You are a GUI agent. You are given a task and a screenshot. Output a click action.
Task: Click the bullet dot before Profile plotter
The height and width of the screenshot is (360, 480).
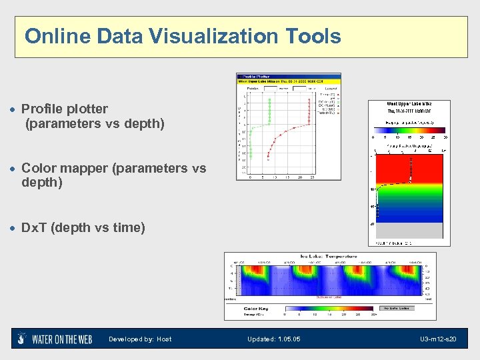click(x=13, y=109)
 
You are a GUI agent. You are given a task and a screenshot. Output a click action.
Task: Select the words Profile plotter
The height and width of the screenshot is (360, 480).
click(x=65, y=109)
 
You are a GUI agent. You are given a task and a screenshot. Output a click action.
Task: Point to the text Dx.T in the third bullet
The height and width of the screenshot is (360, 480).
click(x=34, y=227)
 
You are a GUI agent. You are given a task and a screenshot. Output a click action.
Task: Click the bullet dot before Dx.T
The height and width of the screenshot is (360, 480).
click(x=13, y=228)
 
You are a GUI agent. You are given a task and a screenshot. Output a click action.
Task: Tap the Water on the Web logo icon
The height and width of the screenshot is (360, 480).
click(x=22, y=339)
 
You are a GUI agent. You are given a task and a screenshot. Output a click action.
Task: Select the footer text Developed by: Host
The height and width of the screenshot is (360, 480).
click(x=140, y=339)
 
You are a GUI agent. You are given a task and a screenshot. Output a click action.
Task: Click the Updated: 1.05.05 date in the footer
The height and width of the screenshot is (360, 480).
click(x=273, y=339)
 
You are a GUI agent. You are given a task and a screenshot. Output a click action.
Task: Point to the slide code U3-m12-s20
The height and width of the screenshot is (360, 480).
click(x=439, y=339)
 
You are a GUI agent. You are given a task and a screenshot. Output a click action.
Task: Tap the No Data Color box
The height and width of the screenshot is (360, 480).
click(x=397, y=309)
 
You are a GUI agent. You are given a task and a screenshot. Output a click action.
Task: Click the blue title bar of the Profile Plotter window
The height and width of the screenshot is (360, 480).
click(x=289, y=76)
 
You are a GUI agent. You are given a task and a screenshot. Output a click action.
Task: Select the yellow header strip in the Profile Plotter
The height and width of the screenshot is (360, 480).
click(x=289, y=81)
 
